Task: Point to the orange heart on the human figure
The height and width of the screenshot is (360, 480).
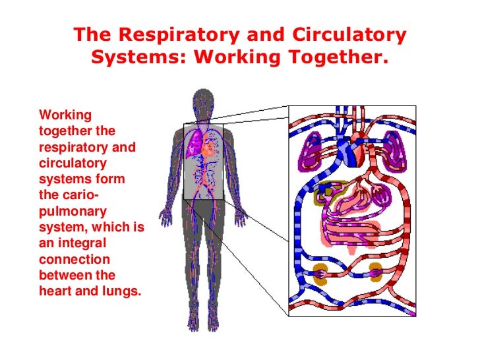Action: click(207, 149)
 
